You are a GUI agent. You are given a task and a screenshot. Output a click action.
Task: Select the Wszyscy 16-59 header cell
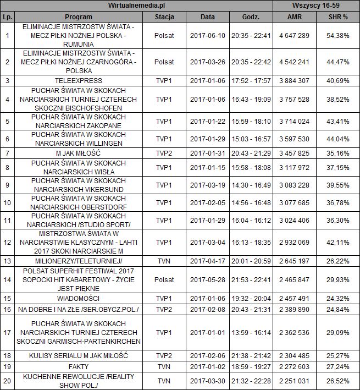point(316,6)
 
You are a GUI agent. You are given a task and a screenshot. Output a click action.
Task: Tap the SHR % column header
point(337,17)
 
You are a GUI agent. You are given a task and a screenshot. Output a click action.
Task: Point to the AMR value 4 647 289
point(294,35)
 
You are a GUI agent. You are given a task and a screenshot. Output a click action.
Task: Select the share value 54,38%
point(337,35)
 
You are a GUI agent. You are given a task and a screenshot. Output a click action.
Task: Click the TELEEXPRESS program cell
point(82,80)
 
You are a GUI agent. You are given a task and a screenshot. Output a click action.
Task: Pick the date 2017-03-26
point(207,62)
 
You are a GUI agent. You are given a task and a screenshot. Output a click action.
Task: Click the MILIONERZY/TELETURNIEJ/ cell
point(82,260)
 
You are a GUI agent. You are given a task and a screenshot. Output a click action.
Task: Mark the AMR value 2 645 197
point(294,260)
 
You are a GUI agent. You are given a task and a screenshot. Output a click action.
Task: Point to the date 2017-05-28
point(207,279)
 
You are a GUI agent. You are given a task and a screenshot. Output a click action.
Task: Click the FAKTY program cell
point(82,365)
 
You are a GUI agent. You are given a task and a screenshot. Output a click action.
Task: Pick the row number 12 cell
point(7,242)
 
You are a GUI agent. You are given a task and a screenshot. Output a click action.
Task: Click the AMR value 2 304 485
point(294,355)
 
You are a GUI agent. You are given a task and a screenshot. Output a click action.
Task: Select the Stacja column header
point(164,17)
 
